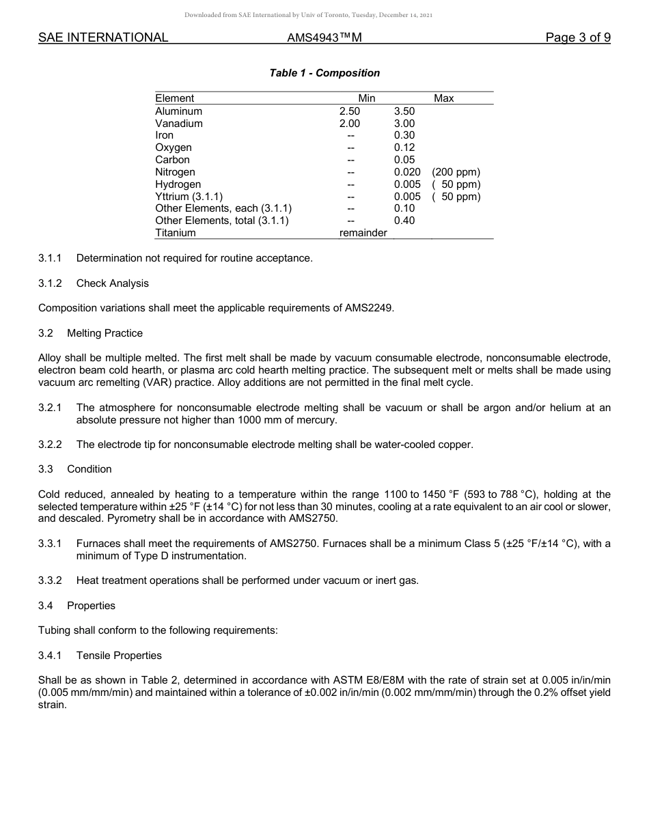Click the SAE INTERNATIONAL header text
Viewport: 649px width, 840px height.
tap(103, 38)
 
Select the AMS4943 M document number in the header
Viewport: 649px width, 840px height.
tap(324, 38)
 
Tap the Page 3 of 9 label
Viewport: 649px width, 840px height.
tap(577, 38)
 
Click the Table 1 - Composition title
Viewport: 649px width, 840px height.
tap(324, 73)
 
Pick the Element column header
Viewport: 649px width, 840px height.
tap(174, 98)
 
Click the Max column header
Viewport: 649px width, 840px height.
tap(443, 98)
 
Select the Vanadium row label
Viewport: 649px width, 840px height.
tap(178, 124)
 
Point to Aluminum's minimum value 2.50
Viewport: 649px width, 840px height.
tap(349, 111)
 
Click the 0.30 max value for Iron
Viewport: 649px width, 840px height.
tap(404, 135)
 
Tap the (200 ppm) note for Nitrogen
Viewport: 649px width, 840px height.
tap(456, 172)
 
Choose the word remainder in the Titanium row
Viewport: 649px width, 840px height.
tap(363, 233)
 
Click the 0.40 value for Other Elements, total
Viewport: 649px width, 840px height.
tap(404, 221)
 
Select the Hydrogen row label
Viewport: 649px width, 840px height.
tap(178, 184)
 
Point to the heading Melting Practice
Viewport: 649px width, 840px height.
tap(105, 333)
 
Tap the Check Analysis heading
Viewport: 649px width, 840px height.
tap(112, 283)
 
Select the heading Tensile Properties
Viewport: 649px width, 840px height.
tap(119, 656)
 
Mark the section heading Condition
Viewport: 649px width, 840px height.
tap(89, 469)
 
